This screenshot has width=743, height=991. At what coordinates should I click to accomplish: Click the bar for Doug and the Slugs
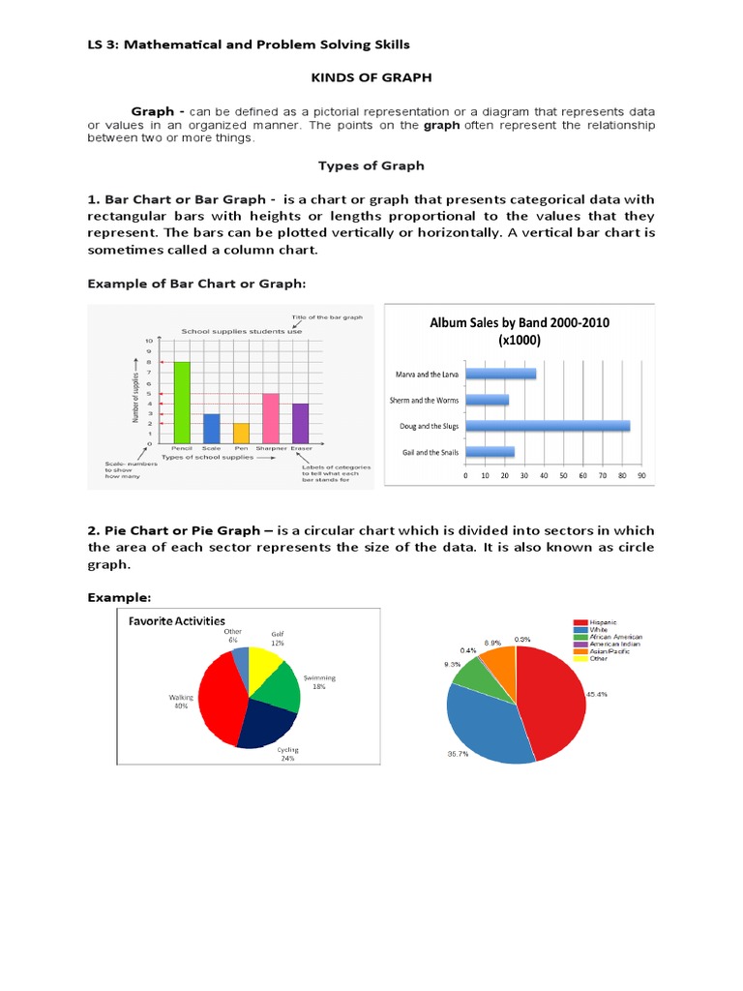(548, 426)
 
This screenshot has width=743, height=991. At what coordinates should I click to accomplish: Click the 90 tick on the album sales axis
(641, 476)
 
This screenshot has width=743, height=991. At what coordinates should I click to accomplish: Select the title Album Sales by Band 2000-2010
(520, 322)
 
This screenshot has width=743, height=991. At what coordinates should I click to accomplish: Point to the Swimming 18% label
(318, 681)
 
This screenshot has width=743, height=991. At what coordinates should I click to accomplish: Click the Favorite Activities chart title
(178, 620)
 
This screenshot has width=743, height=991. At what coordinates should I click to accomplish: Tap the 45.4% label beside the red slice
(597, 694)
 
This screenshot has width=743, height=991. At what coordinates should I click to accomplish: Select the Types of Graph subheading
(371, 165)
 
